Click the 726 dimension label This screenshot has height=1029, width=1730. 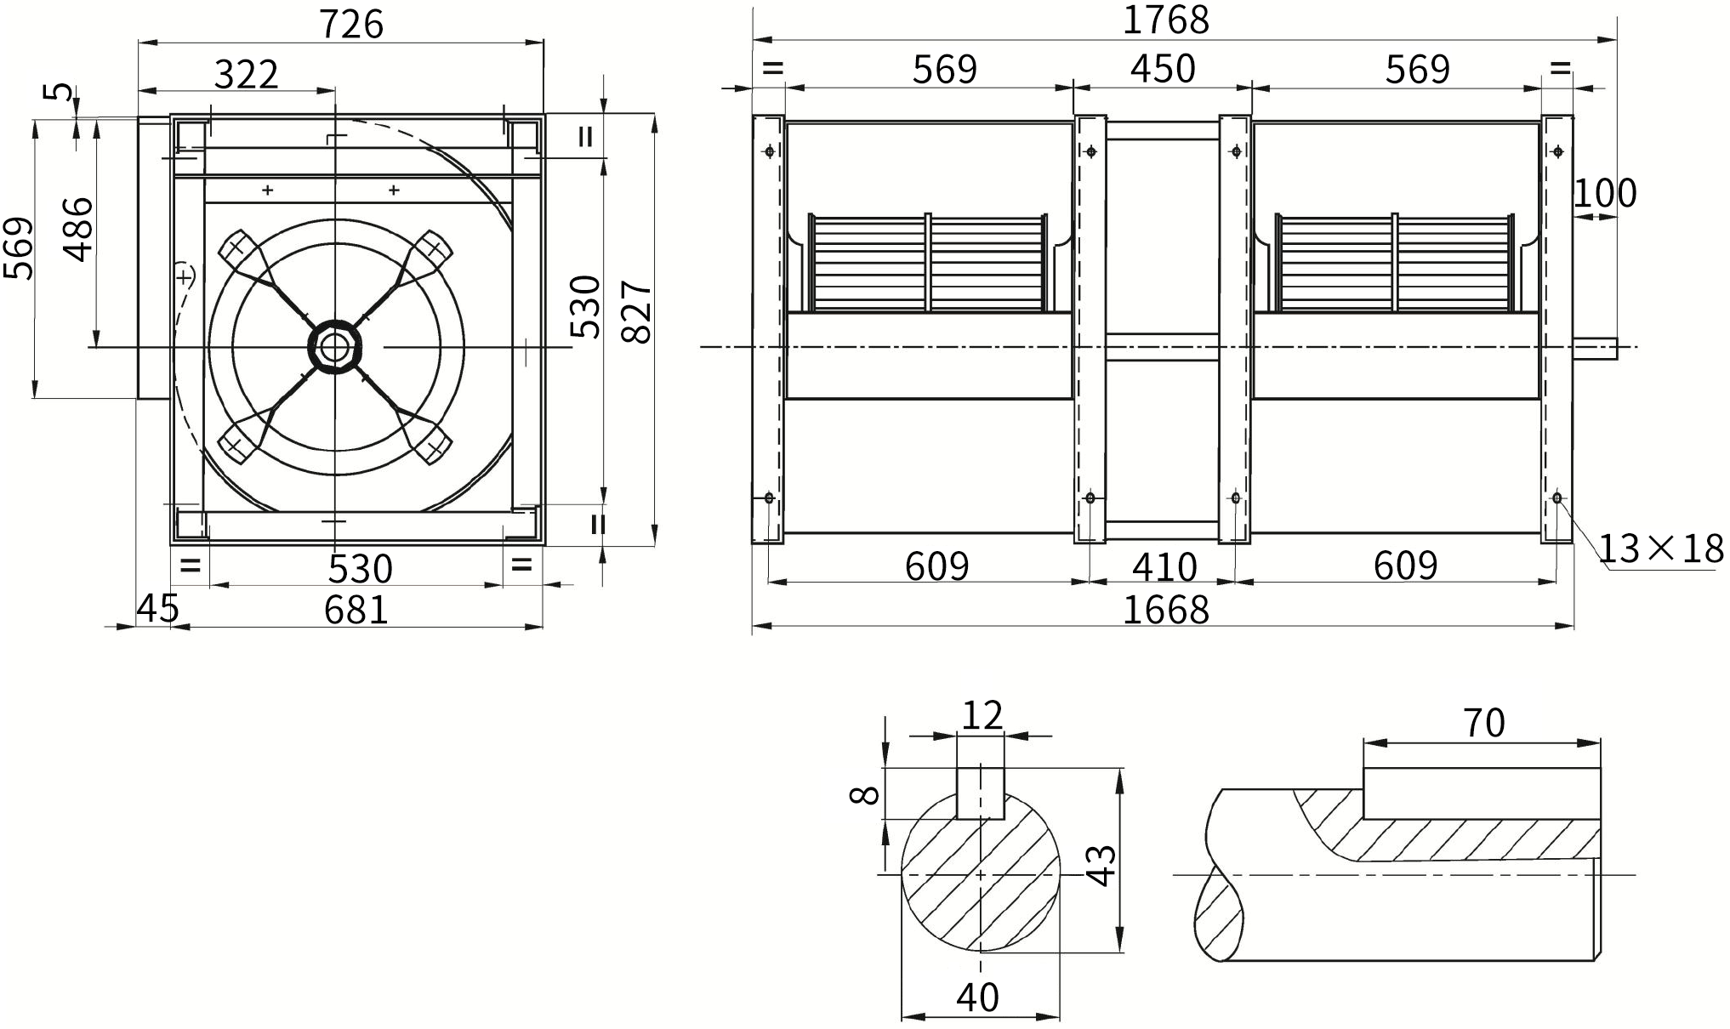pos(351,24)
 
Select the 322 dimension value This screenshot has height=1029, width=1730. pos(246,75)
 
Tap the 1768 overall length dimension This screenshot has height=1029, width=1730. pos(1165,20)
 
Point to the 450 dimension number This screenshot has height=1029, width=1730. pos(1163,68)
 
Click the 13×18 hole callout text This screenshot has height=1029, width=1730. pos(1661,549)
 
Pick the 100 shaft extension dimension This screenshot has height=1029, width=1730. pos(1604,193)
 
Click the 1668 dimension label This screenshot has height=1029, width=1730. pos(1166,610)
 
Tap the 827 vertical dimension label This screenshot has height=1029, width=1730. pos(637,311)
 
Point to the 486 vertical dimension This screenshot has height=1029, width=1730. pos(79,229)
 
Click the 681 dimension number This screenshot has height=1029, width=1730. pos(356,610)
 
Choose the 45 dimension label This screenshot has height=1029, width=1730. pos(158,608)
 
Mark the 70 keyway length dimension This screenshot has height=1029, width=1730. pos(1484,723)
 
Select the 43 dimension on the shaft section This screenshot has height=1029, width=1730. pos(1102,866)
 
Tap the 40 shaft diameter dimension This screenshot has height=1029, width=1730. pos(977,997)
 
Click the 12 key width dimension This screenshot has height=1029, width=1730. pos(982,715)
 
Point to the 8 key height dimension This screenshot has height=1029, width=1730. pos(864,794)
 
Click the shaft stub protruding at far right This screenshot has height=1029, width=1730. pos(1595,347)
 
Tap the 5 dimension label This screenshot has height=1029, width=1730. pos(60,91)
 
